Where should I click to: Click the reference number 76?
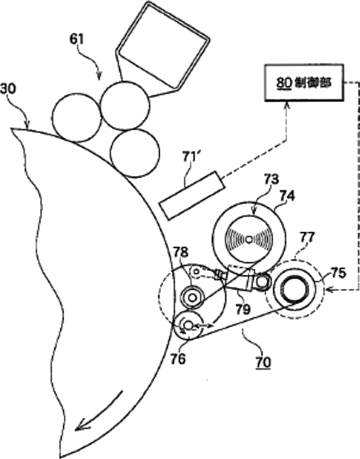click(x=178, y=358)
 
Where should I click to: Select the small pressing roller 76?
click(x=188, y=325)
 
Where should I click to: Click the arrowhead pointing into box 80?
click(x=286, y=106)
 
